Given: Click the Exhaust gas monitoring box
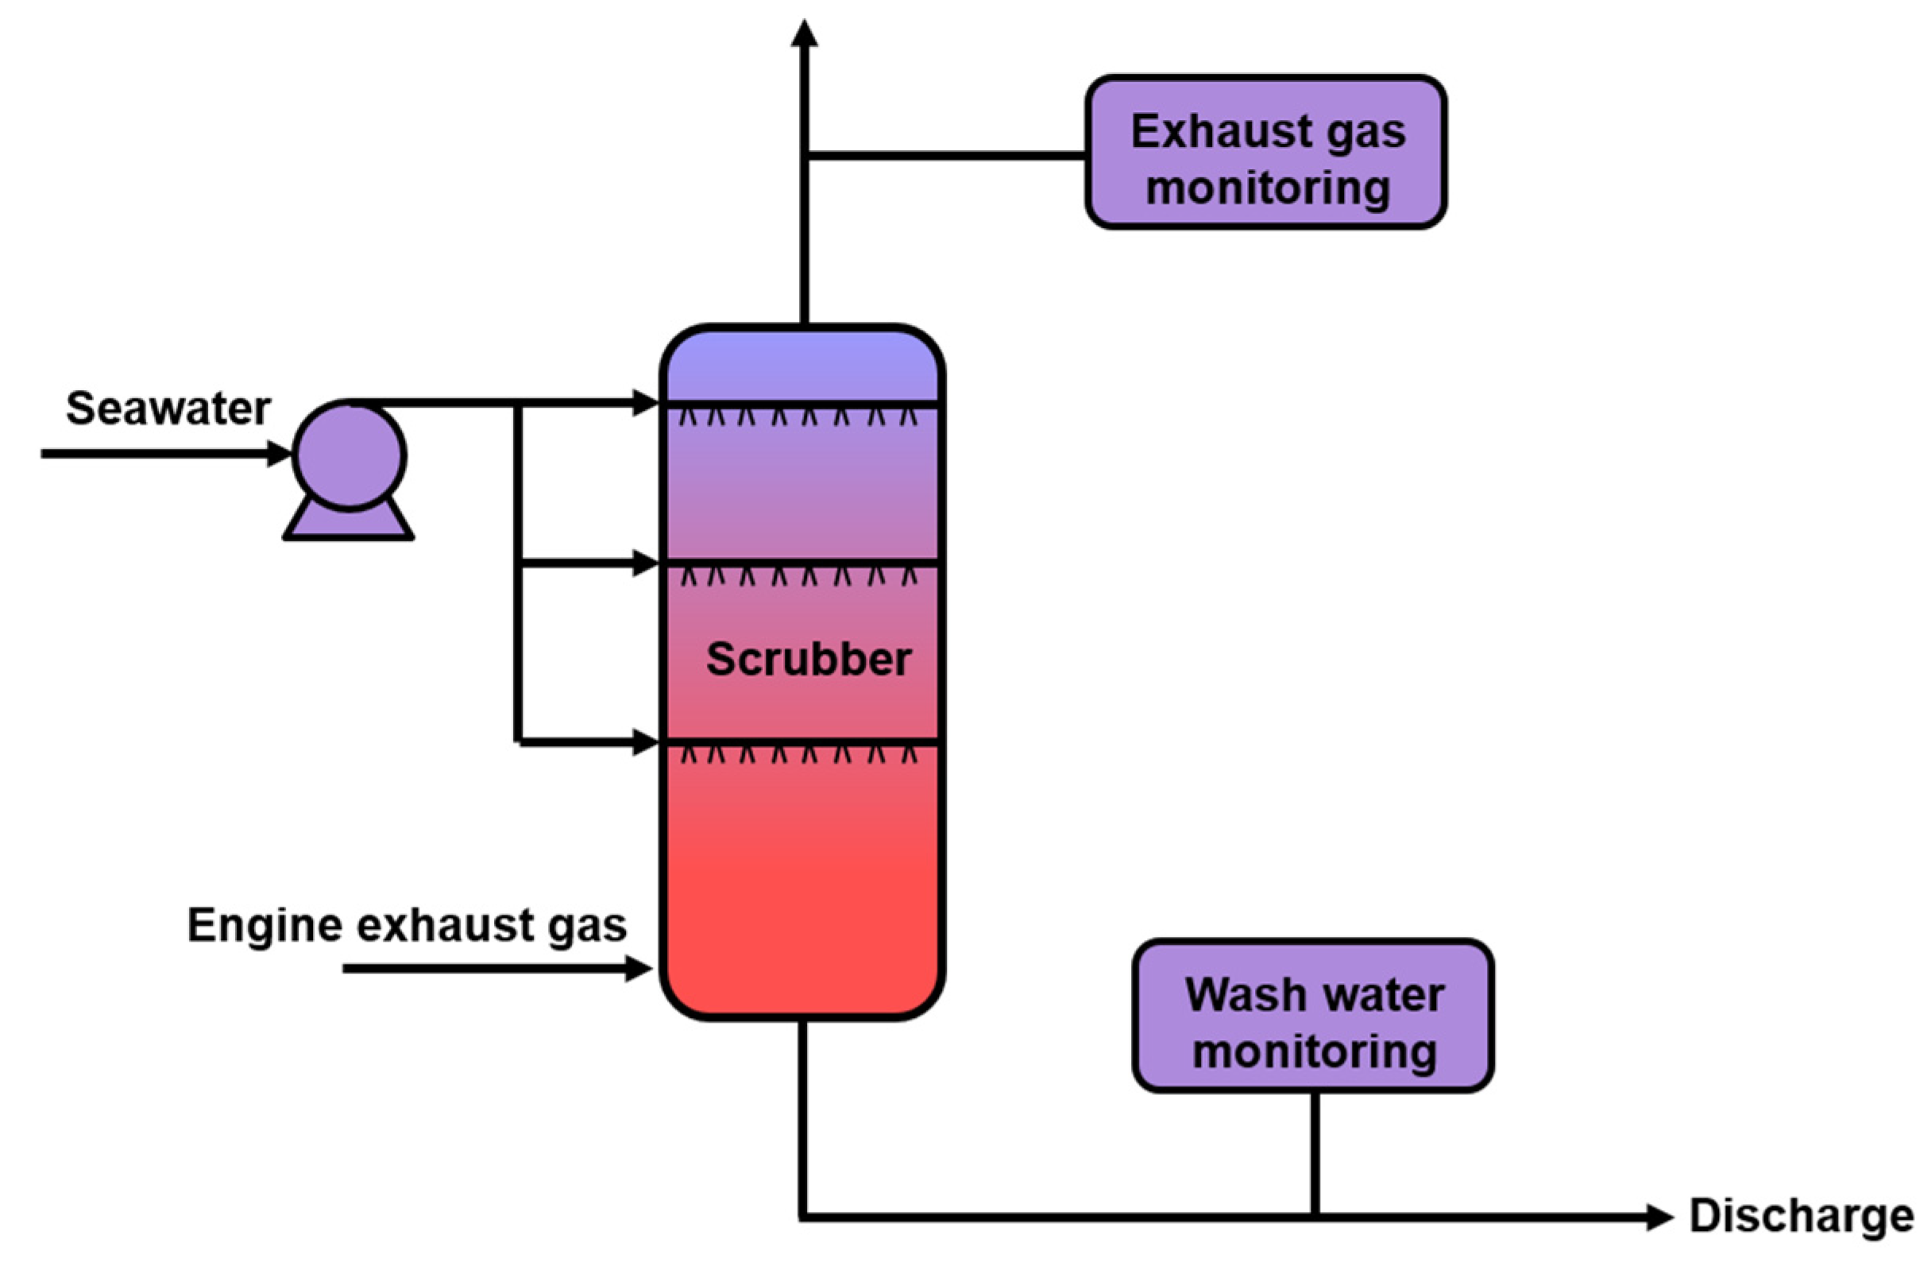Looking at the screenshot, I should [1265, 153].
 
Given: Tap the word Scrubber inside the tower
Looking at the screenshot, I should [808, 660].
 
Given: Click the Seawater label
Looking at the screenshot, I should [168, 408].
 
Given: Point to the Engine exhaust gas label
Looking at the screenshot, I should [407, 925].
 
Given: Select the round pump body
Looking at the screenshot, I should [350, 456].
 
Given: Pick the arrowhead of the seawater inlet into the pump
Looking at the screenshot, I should [280, 454].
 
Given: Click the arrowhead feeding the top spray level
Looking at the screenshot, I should [645, 403].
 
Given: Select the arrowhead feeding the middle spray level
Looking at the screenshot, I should [645, 563].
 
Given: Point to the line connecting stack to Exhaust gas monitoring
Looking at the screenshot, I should [947, 155].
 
